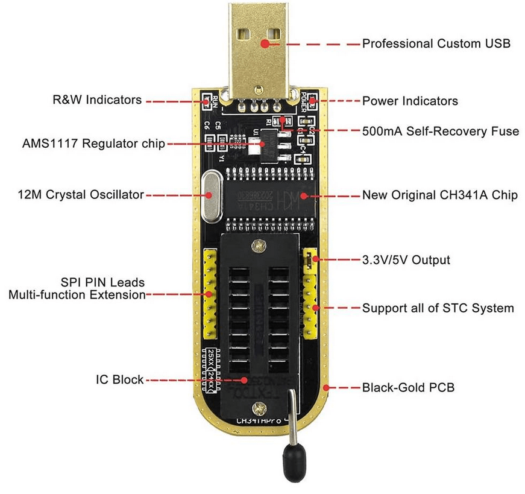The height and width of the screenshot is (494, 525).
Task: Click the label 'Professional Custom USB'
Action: tap(436, 43)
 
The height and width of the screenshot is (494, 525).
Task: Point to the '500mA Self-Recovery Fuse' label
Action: tap(440, 131)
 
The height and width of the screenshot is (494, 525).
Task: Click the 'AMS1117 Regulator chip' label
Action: tap(93, 144)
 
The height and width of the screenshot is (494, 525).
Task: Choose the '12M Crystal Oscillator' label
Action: tap(81, 194)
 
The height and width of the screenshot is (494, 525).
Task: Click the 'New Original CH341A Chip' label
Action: tap(439, 195)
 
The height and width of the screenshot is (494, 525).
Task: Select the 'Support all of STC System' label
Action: tap(438, 308)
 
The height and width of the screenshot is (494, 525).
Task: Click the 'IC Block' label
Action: tap(119, 379)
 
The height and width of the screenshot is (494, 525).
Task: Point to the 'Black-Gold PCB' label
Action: tap(408, 387)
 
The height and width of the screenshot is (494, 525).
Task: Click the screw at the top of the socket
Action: tap(259, 245)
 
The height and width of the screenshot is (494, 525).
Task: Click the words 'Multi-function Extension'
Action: tap(77, 295)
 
